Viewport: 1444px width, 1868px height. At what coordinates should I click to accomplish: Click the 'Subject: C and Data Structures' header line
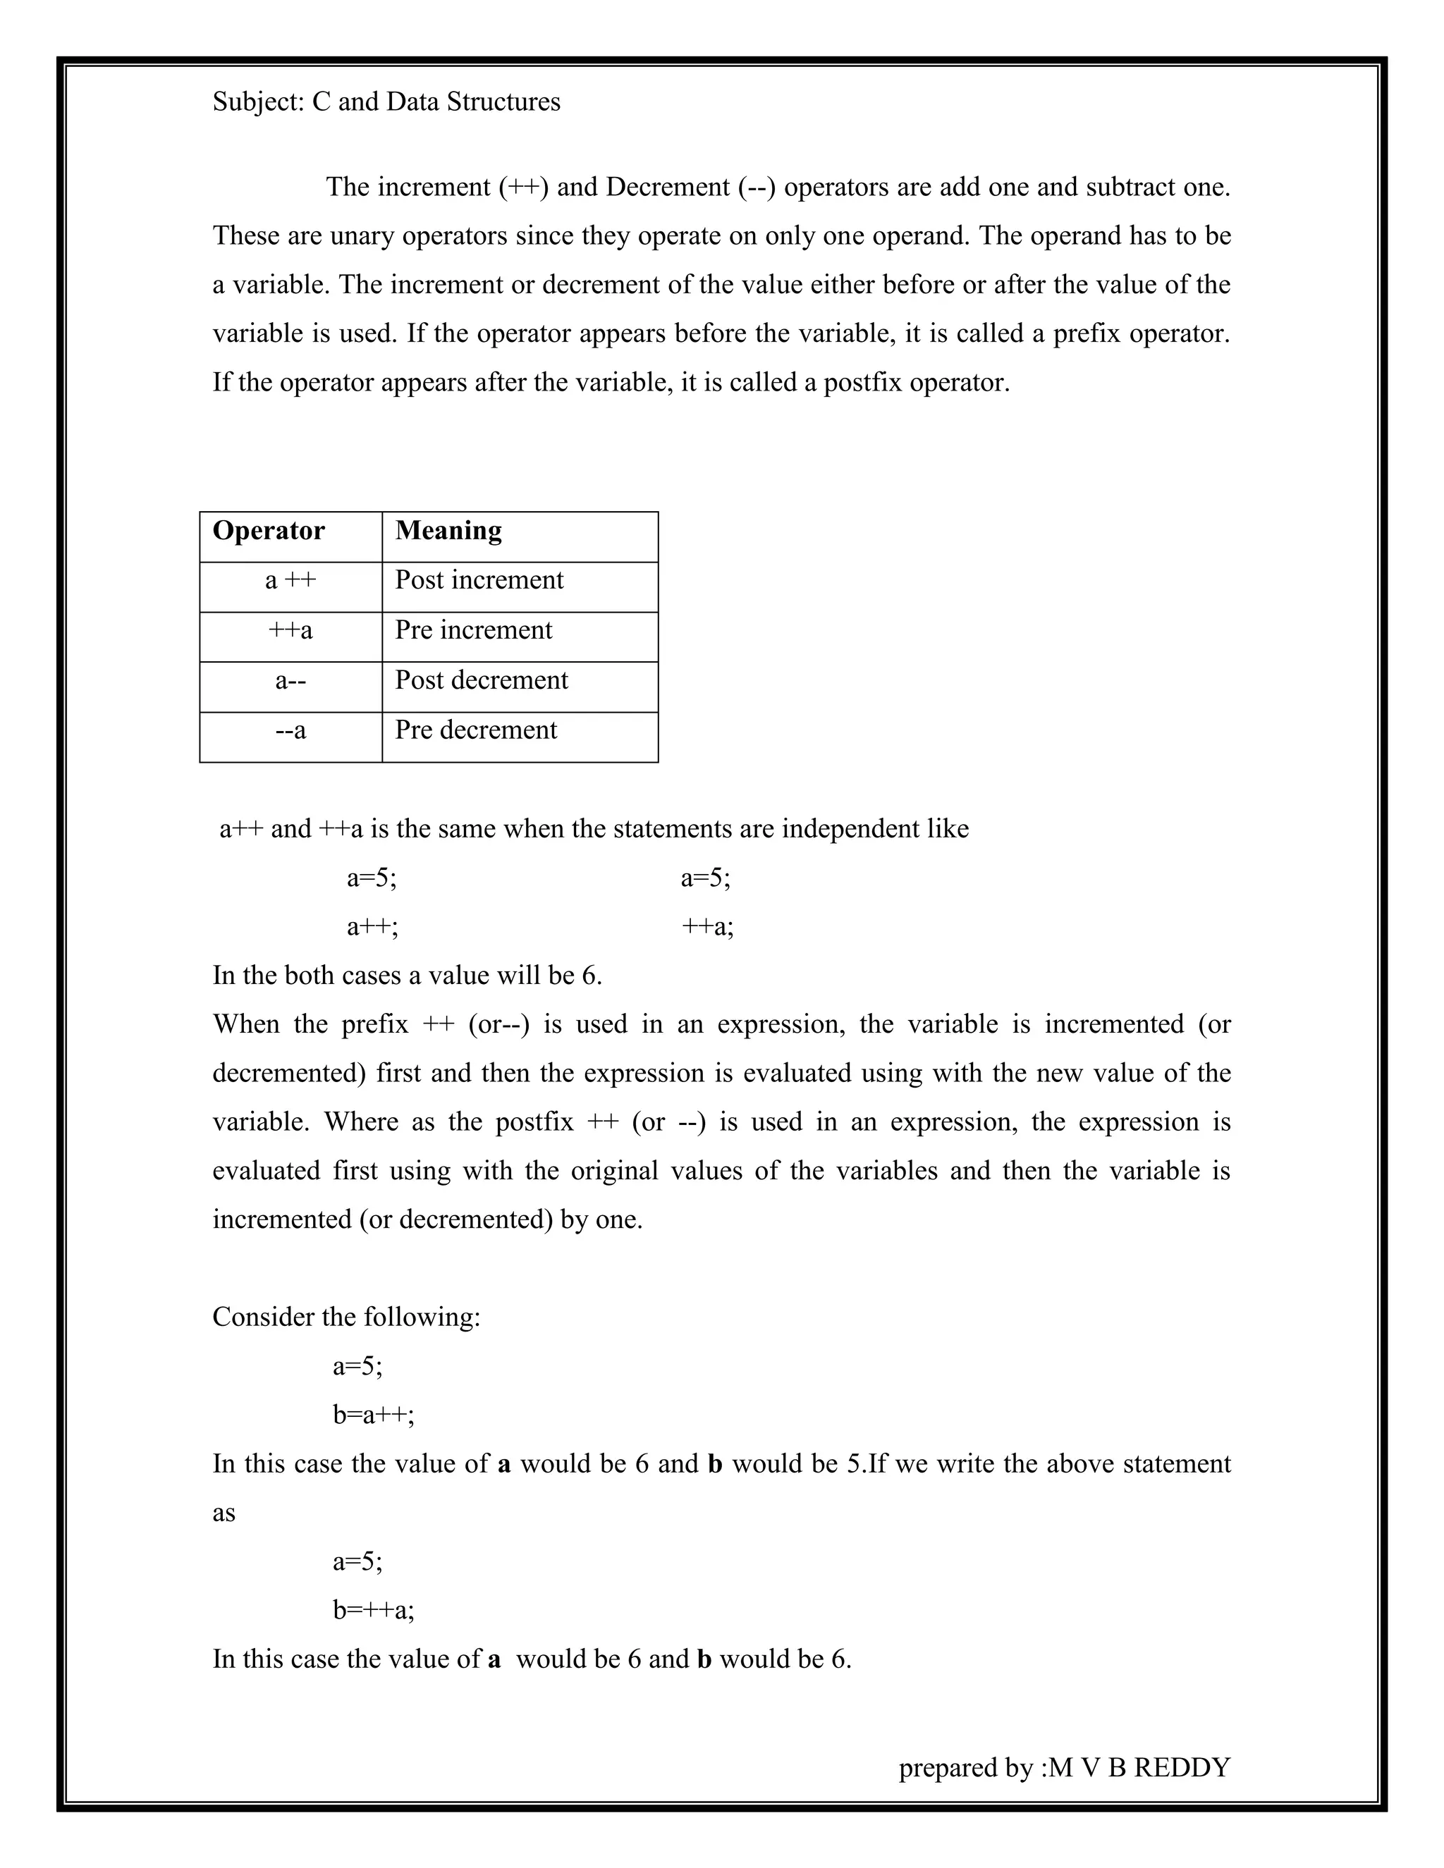click(386, 102)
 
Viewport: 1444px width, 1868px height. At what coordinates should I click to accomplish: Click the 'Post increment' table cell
click(479, 580)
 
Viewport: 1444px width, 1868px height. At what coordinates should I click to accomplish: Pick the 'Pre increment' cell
click(473, 630)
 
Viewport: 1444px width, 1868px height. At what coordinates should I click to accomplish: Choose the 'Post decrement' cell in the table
click(481, 680)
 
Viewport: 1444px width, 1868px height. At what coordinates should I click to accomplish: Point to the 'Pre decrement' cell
click(476, 730)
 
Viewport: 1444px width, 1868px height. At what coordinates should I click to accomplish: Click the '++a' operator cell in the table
click(290, 630)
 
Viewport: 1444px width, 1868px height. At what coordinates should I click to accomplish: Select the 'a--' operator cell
click(290, 681)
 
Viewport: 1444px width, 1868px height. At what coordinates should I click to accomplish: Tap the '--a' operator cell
click(290, 730)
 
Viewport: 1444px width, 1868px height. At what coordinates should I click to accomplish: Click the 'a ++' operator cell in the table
click(290, 581)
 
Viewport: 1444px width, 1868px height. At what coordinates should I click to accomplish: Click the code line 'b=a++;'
click(374, 1415)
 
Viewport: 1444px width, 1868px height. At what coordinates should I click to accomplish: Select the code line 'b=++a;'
click(374, 1611)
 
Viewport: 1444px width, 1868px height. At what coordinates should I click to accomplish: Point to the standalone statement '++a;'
click(706, 926)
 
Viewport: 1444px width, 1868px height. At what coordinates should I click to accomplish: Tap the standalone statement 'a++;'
click(372, 926)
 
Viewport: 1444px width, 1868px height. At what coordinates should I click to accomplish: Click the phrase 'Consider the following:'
click(346, 1317)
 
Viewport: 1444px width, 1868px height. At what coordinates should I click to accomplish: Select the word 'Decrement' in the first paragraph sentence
click(667, 188)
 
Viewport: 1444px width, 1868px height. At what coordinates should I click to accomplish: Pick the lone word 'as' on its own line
click(224, 1513)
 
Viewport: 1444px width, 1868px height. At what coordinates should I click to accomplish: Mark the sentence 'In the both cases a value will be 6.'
click(408, 975)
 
